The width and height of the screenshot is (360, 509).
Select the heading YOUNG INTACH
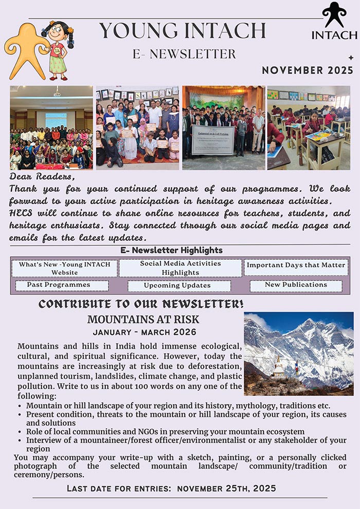click(x=183, y=31)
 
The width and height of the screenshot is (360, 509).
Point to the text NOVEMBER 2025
click(x=308, y=70)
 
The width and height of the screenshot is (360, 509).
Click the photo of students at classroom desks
click(x=309, y=128)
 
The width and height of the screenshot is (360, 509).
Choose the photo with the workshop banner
click(x=223, y=128)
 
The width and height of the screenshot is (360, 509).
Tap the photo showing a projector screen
click(x=51, y=128)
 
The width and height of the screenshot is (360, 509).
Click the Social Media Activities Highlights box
click(x=181, y=268)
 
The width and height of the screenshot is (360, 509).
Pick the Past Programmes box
click(x=61, y=285)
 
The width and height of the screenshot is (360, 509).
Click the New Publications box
click(x=296, y=285)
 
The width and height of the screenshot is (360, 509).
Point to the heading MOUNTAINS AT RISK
click(x=143, y=319)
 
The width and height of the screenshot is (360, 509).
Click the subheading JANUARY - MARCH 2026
click(x=144, y=332)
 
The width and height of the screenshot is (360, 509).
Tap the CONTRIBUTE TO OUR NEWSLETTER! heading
click(x=141, y=304)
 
